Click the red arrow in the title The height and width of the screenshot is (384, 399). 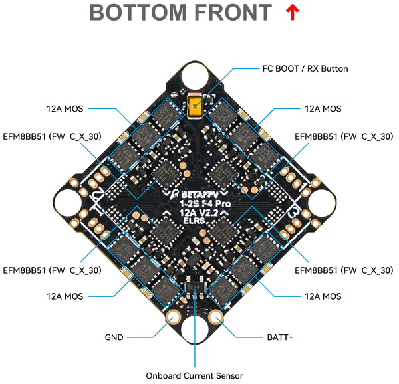(291, 12)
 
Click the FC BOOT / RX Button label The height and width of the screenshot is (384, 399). (305, 68)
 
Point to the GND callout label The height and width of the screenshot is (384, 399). (114, 337)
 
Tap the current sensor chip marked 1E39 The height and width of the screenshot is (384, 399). (195, 290)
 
